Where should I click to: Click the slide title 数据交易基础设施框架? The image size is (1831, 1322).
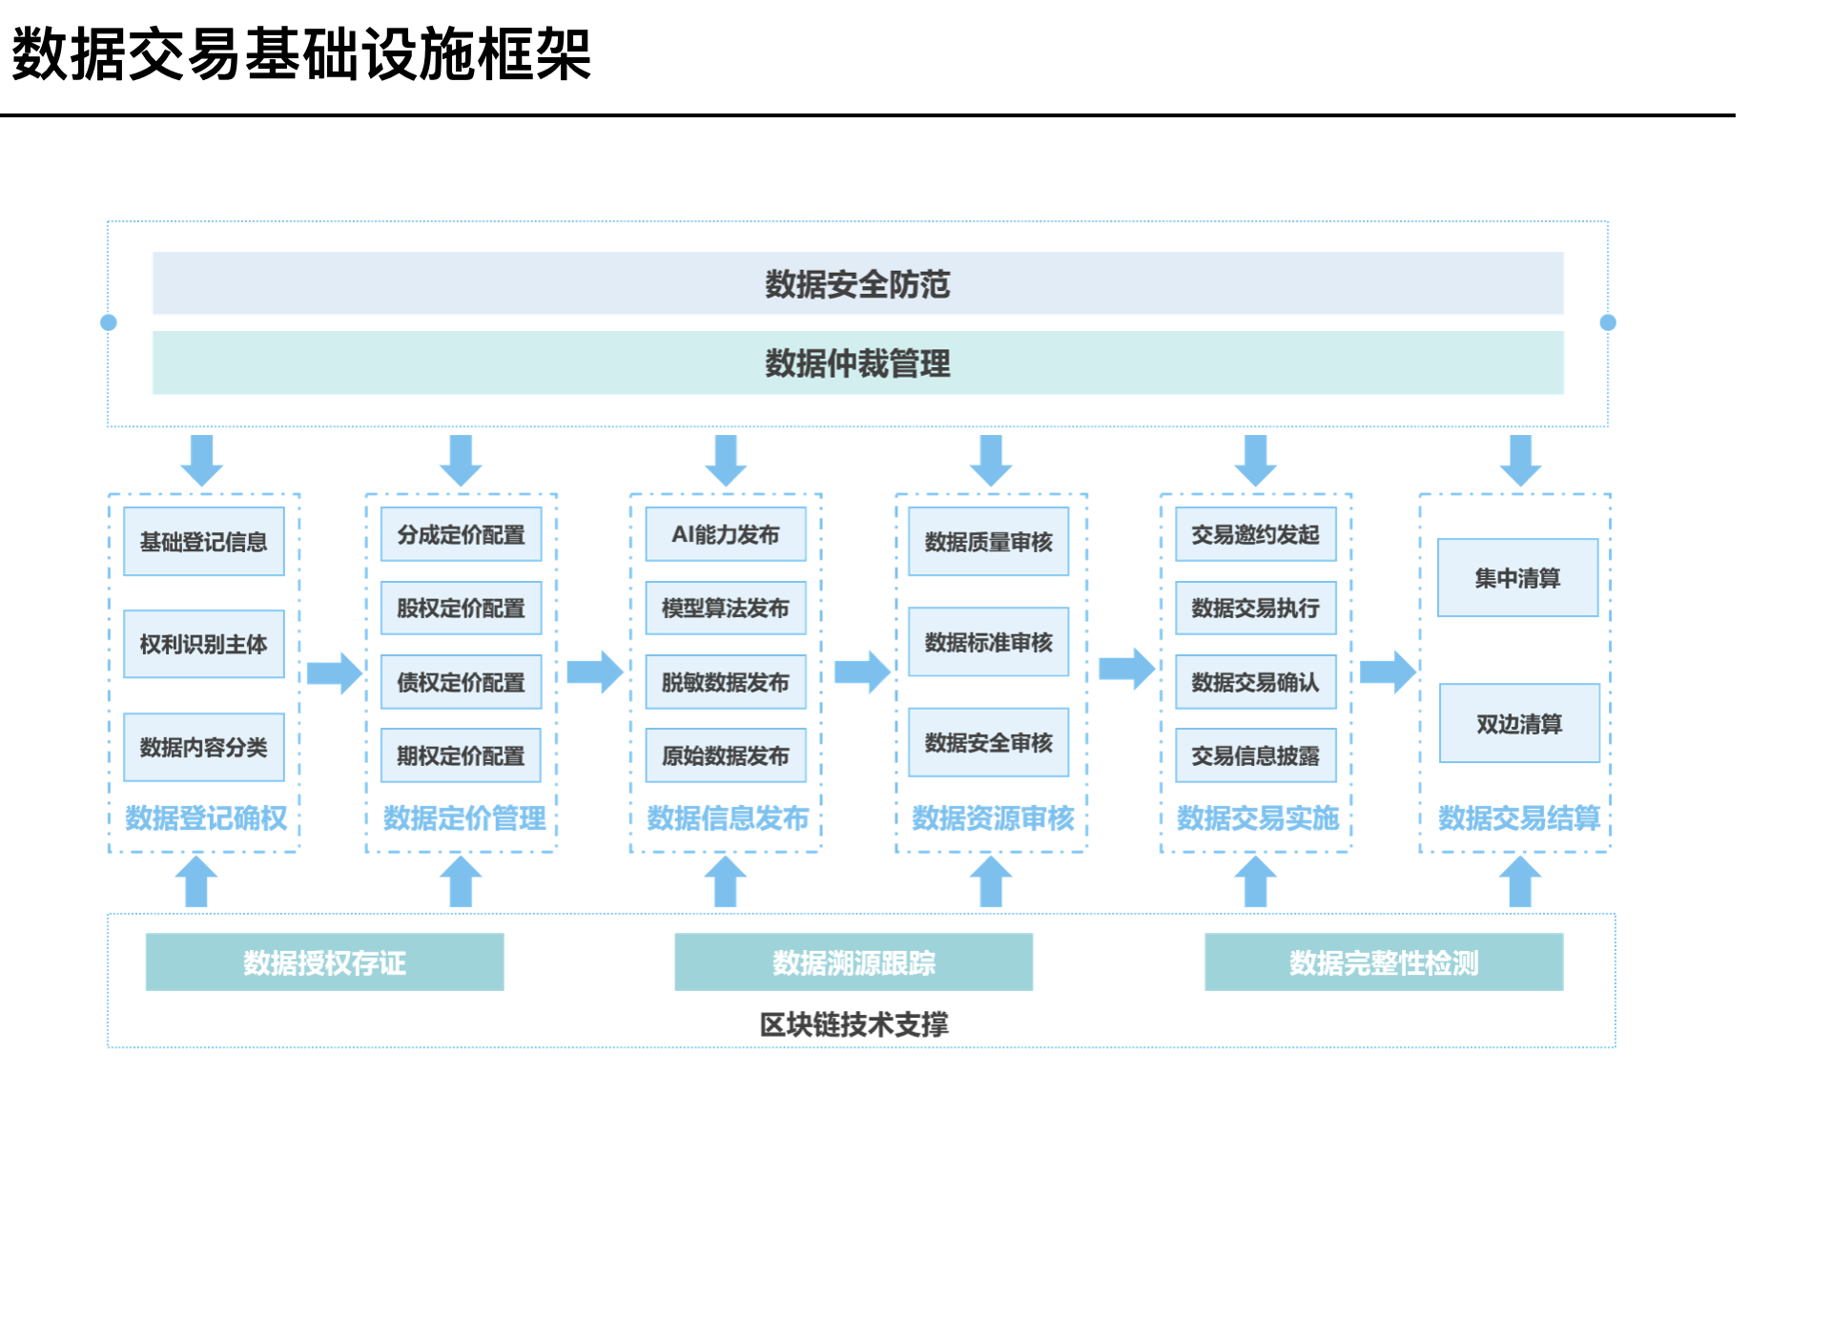point(301,53)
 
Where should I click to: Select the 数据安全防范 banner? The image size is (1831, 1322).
point(857,283)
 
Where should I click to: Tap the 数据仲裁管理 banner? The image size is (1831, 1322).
point(857,362)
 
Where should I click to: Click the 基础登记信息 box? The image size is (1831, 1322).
point(204,542)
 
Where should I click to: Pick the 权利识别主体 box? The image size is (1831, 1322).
point(204,644)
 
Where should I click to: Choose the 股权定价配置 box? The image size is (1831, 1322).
point(461,608)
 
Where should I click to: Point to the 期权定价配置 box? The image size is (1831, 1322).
point(461,755)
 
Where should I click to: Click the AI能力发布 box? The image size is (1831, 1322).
point(726,534)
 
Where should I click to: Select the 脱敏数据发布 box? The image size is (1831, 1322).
point(726,682)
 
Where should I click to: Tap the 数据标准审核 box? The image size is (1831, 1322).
point(988,642)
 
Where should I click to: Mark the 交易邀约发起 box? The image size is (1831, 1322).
point(1255,534)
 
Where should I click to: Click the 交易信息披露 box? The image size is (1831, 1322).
point(1255,755)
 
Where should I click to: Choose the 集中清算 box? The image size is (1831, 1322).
point(1517,578)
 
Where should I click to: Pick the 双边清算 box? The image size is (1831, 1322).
point(1519,723)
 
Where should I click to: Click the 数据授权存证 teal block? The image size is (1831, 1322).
point(324,962)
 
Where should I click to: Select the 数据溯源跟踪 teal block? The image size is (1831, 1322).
point(854,962)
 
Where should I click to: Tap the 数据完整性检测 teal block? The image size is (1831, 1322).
point(1384,962)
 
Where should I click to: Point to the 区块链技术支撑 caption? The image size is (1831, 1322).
point(854,1024)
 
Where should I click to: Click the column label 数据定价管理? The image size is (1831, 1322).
point(464,817)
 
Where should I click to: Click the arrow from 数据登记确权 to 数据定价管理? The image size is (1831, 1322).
point(334,672)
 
